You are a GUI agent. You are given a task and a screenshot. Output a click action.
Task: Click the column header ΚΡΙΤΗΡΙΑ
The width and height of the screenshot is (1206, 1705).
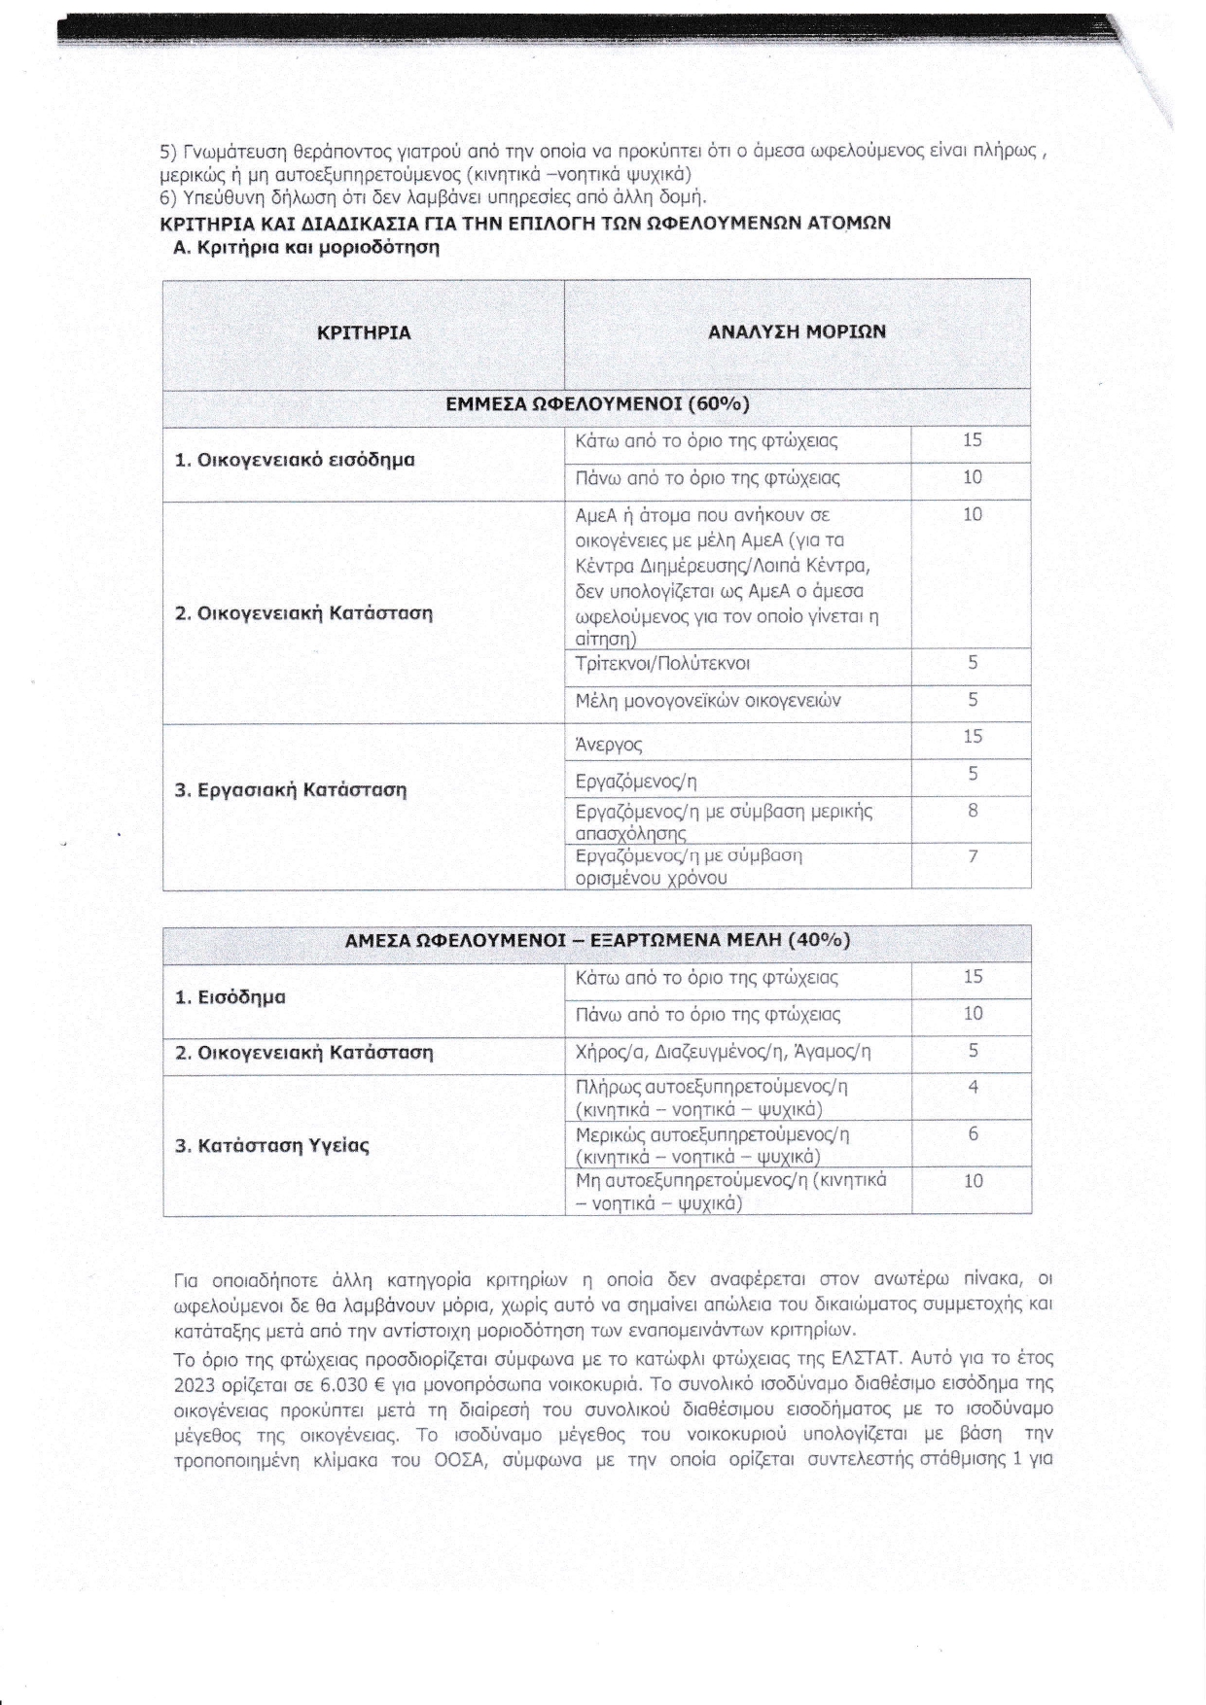364,332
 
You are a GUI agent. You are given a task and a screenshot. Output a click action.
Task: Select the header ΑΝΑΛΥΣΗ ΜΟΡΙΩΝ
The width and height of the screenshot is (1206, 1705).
797,331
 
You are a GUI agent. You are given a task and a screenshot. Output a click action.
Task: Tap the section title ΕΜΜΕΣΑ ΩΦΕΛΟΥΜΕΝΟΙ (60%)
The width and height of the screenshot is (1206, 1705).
597,404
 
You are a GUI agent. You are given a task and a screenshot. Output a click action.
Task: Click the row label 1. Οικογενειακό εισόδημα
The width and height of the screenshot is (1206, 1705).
295,459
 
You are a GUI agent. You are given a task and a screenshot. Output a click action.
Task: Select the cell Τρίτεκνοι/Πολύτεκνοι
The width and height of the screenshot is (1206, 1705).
662,664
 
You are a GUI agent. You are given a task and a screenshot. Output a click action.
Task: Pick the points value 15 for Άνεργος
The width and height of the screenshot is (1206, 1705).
973,737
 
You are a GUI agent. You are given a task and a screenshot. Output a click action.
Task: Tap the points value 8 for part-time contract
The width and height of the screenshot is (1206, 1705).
973,811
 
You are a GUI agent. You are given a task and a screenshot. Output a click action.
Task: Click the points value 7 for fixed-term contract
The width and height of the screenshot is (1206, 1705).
973,856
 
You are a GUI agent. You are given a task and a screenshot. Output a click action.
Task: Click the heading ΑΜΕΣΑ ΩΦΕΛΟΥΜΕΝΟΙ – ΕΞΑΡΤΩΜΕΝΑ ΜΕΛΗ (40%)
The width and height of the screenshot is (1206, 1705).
597,940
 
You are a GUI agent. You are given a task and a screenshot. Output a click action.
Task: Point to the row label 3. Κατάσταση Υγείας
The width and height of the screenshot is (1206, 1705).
272,1145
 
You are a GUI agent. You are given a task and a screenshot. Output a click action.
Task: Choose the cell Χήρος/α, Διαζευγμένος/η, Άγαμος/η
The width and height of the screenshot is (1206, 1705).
724,1052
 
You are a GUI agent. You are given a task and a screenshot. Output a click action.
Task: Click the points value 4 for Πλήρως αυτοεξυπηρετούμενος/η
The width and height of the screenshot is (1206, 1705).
973,1088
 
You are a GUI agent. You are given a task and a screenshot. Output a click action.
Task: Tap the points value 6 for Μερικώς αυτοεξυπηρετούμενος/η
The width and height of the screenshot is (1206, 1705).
973,1134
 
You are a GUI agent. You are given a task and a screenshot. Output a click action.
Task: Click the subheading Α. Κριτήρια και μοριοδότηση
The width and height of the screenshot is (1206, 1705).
305,247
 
